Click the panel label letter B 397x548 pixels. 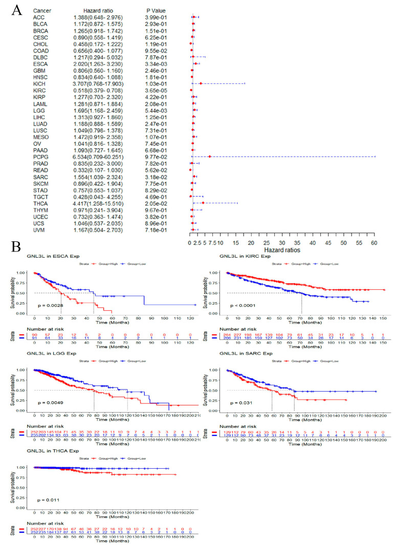coord(17,246)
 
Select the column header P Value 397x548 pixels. coord(157,10)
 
